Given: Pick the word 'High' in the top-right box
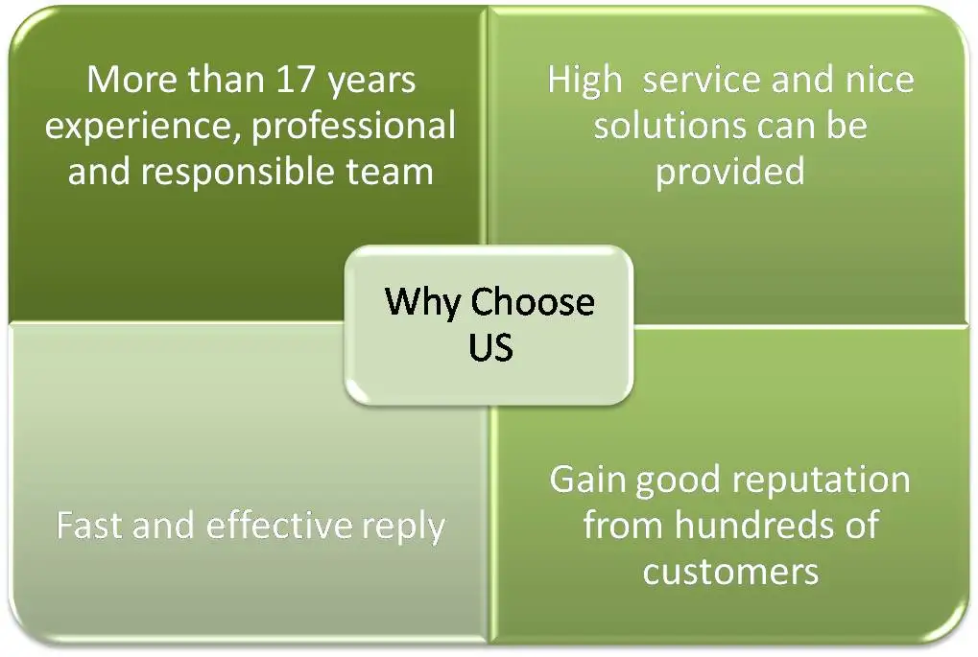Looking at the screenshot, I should [584, 81].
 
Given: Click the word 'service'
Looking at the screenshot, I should [704, 81].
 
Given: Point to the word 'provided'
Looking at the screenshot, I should [730, 173].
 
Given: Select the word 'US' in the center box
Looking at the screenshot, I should [490, 347].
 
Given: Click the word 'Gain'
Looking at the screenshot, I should [586, 480].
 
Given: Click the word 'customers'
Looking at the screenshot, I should [730, 572].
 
